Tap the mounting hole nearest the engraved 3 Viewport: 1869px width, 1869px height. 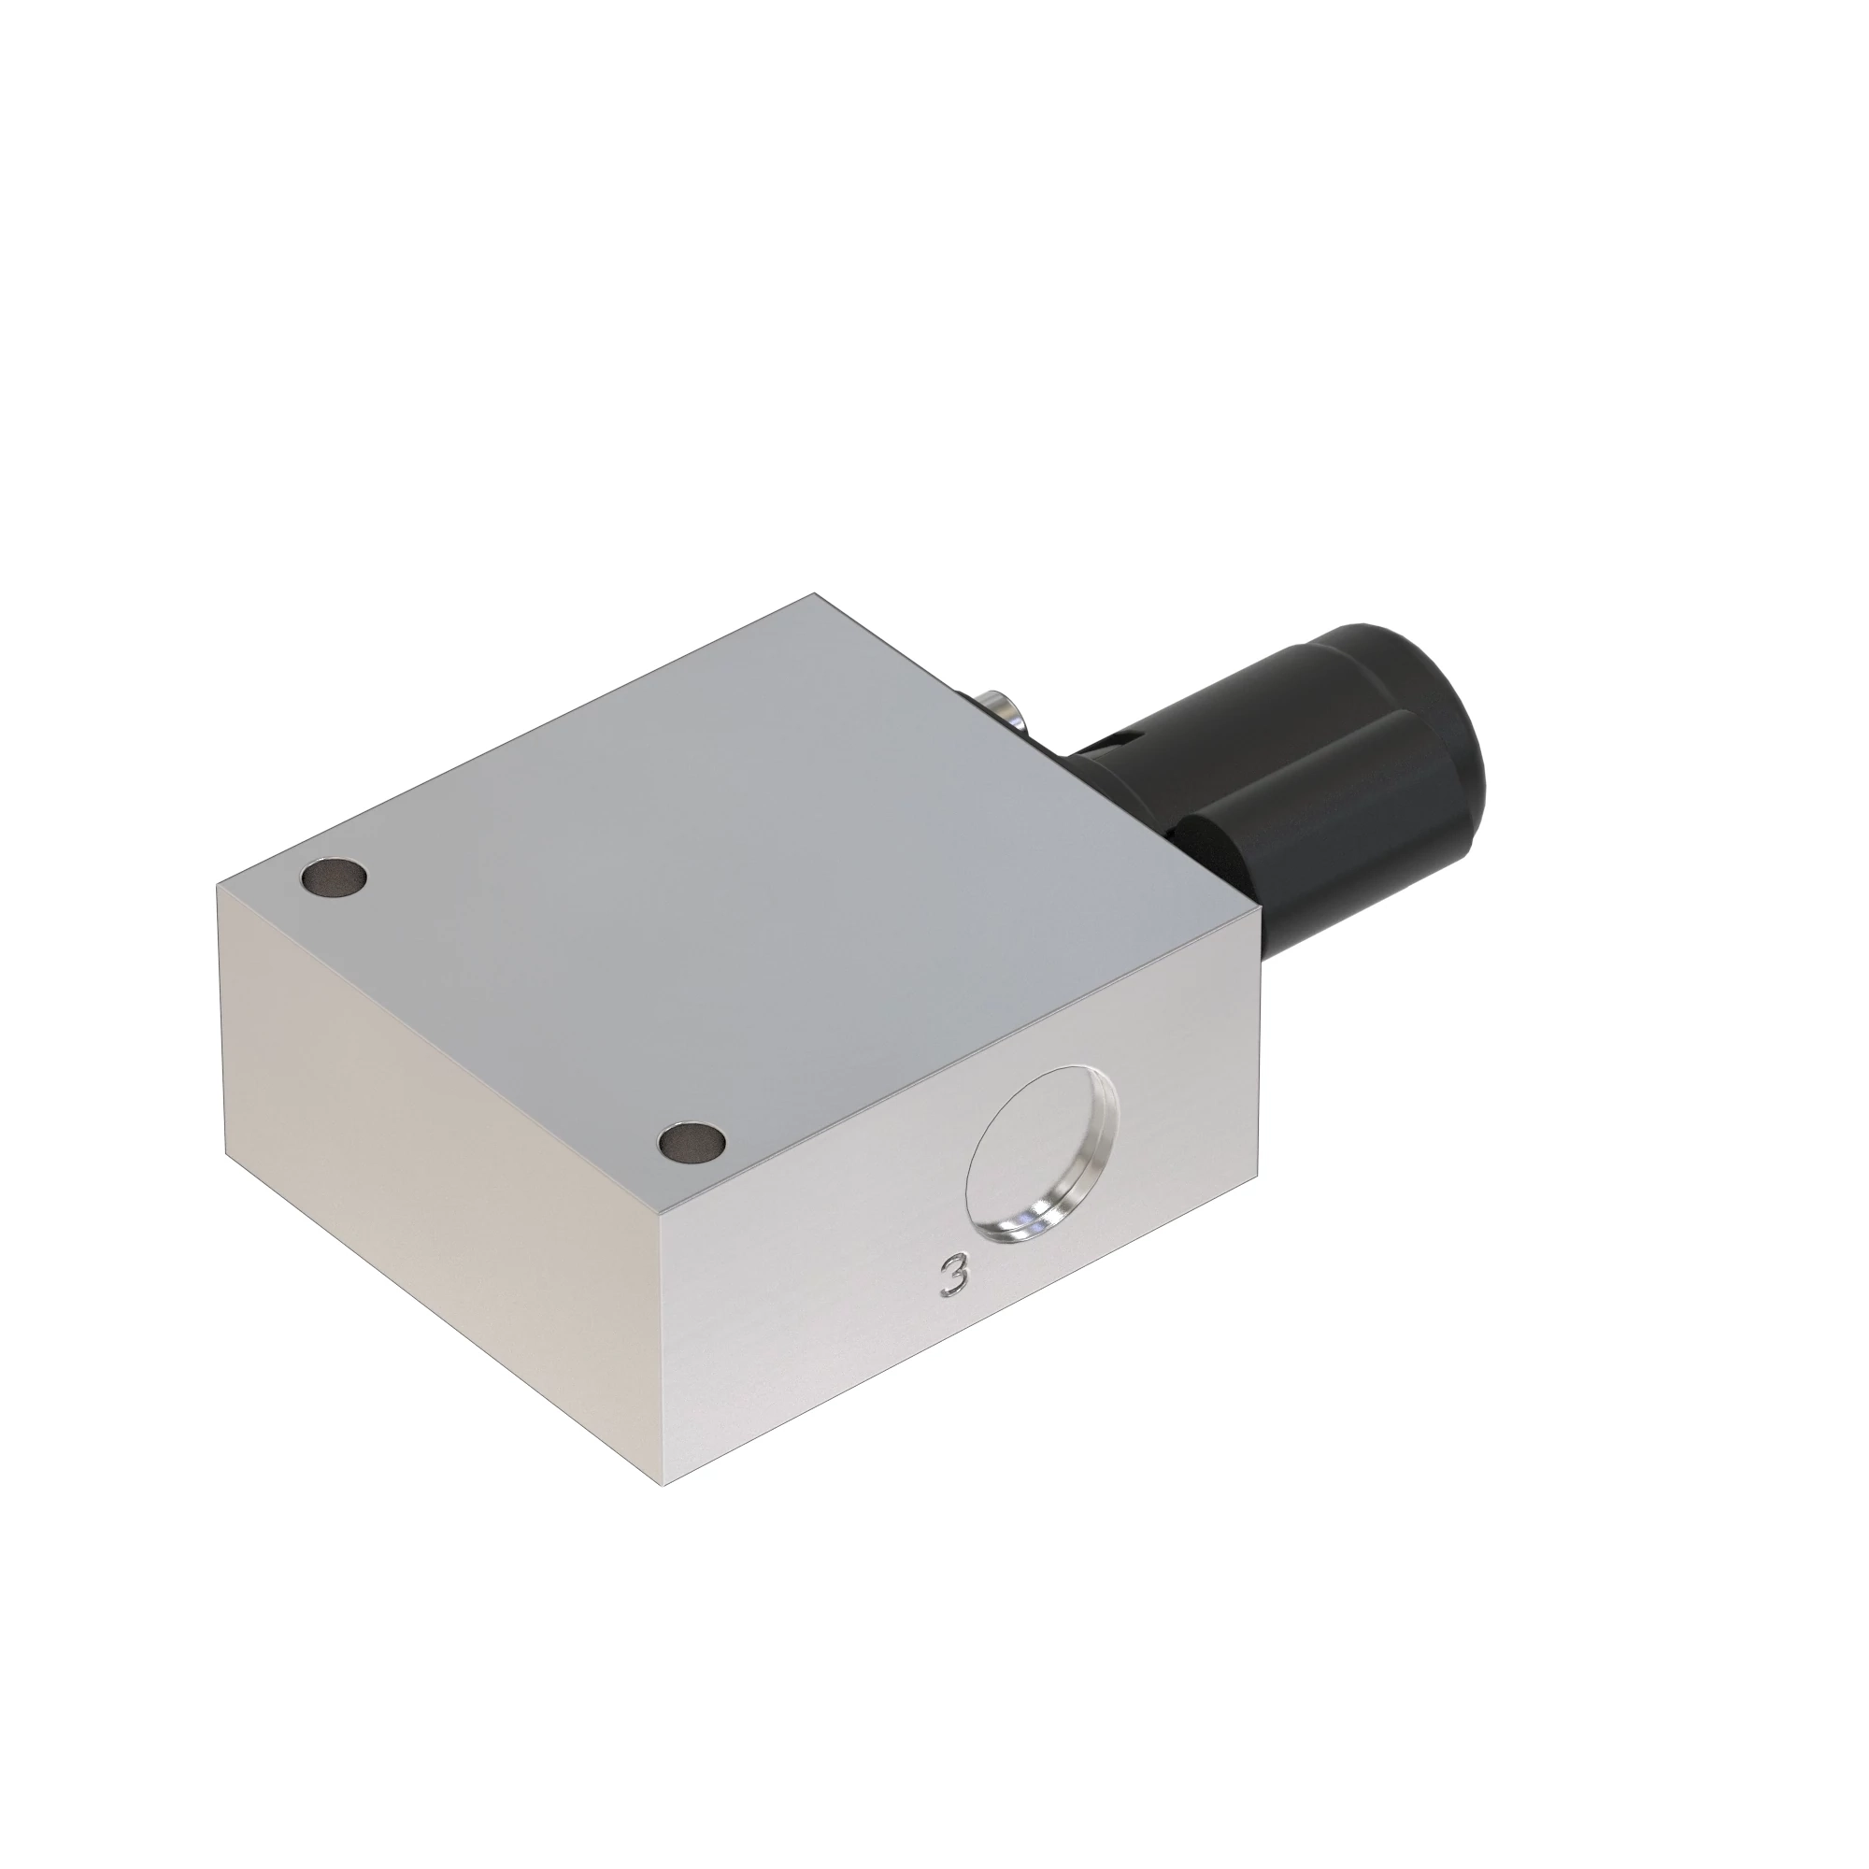pos(692,1142)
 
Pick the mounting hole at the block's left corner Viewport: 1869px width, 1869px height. pos(334,877)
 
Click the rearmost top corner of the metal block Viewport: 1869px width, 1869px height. pos(815,593)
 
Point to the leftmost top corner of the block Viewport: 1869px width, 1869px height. pos(218,882)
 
